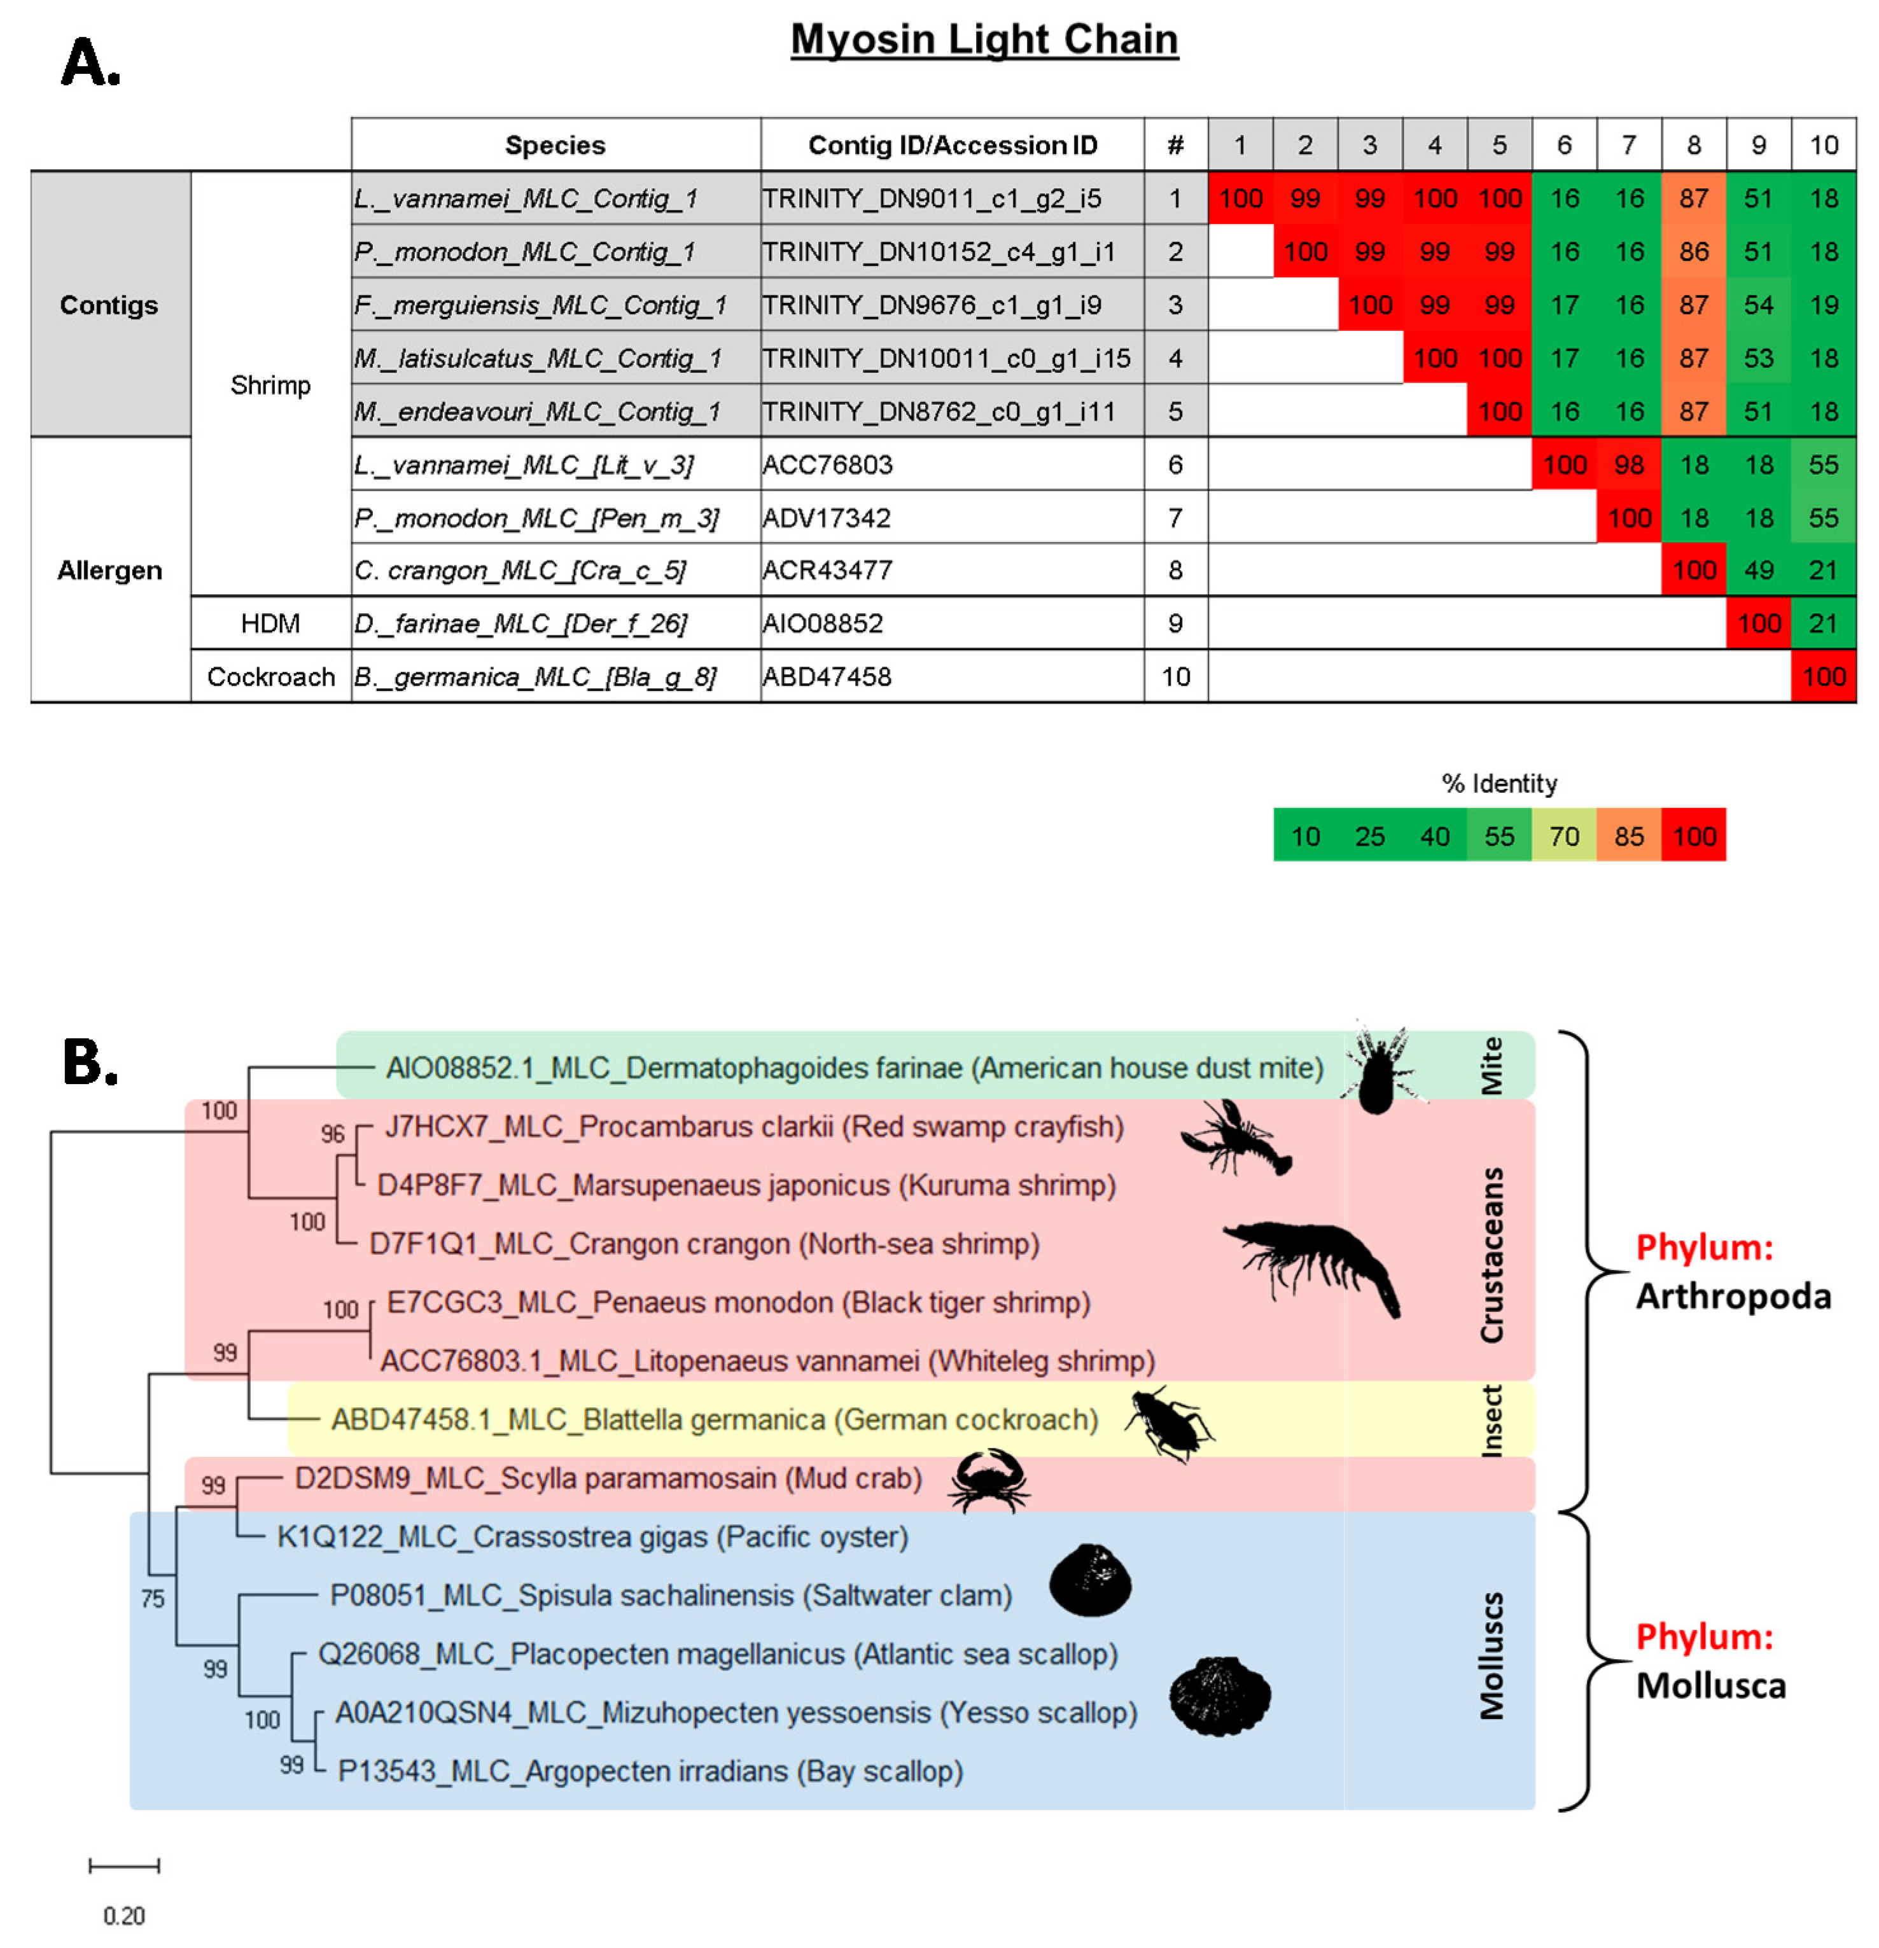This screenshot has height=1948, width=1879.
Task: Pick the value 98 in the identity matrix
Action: [x=1628, y=464]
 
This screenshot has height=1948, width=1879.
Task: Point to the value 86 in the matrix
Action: [x=1693, y=251]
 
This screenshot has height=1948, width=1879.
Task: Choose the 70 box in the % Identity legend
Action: [x=1564, y=836]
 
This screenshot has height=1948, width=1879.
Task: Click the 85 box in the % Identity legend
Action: [x=1628, y=836]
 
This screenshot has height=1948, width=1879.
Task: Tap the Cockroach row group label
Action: [x=270, y=677]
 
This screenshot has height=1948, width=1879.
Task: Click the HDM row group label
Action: [x=270, y=623]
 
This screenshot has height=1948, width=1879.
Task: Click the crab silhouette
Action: [x=989, y=1481]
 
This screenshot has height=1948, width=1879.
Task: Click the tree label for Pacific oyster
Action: [x=592, y=1536]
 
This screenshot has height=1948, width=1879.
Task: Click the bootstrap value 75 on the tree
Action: [x=152, y=1598]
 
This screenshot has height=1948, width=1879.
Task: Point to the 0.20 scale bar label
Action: [x=124, y=1914]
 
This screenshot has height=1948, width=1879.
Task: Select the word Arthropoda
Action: [x=1733, y=1296]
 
